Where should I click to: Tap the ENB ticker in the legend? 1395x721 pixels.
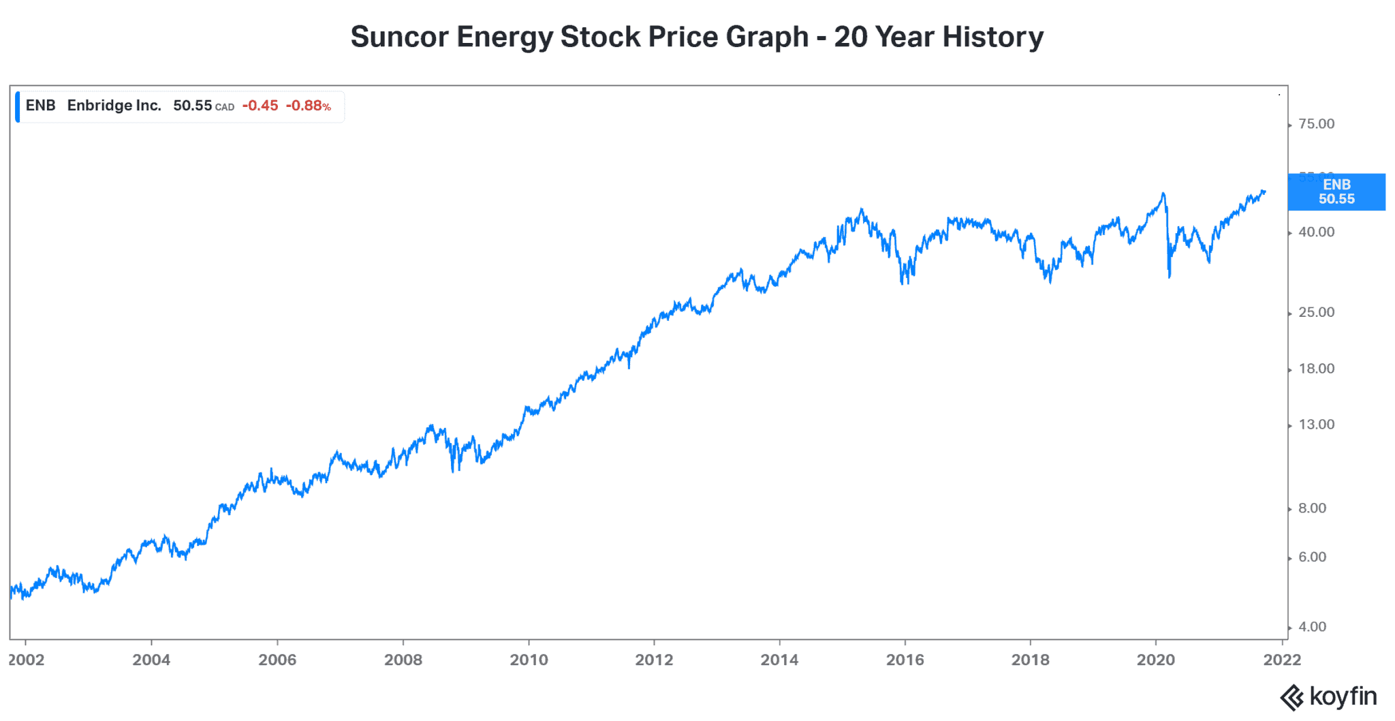click(x=40, y=106)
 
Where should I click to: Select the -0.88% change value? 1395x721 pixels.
click(x=308, y=106)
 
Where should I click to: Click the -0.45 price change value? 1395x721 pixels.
click(x=260, y=106)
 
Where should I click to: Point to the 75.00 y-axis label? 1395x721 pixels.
click(x=1316, y=124)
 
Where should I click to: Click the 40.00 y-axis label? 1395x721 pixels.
click(x=1316, y=232)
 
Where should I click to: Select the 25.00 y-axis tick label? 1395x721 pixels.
click(x=1316, y=313)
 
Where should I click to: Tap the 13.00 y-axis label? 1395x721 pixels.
click(x=1316, y=425)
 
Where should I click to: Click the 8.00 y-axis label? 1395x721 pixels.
click(x=1312, y=508)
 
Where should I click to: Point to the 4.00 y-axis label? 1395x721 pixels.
click(x=1312, y=627)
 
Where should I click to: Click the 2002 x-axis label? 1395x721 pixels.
click(x=26, y=660)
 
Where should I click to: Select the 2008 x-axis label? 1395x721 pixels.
click(x=403, y=660)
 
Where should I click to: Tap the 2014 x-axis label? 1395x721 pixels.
click(x=779, y=660)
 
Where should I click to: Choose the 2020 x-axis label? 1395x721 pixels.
click(x=1156, y=660)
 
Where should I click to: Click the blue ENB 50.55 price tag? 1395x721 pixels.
click(x=1336, y=192)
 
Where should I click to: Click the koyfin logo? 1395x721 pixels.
click(x=1328, y=697)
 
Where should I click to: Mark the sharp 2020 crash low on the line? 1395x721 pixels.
click(x=1170, y=276)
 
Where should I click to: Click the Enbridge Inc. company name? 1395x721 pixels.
click(x=114, y=106)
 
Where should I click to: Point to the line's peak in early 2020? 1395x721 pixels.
click(x=1163, y=194)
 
